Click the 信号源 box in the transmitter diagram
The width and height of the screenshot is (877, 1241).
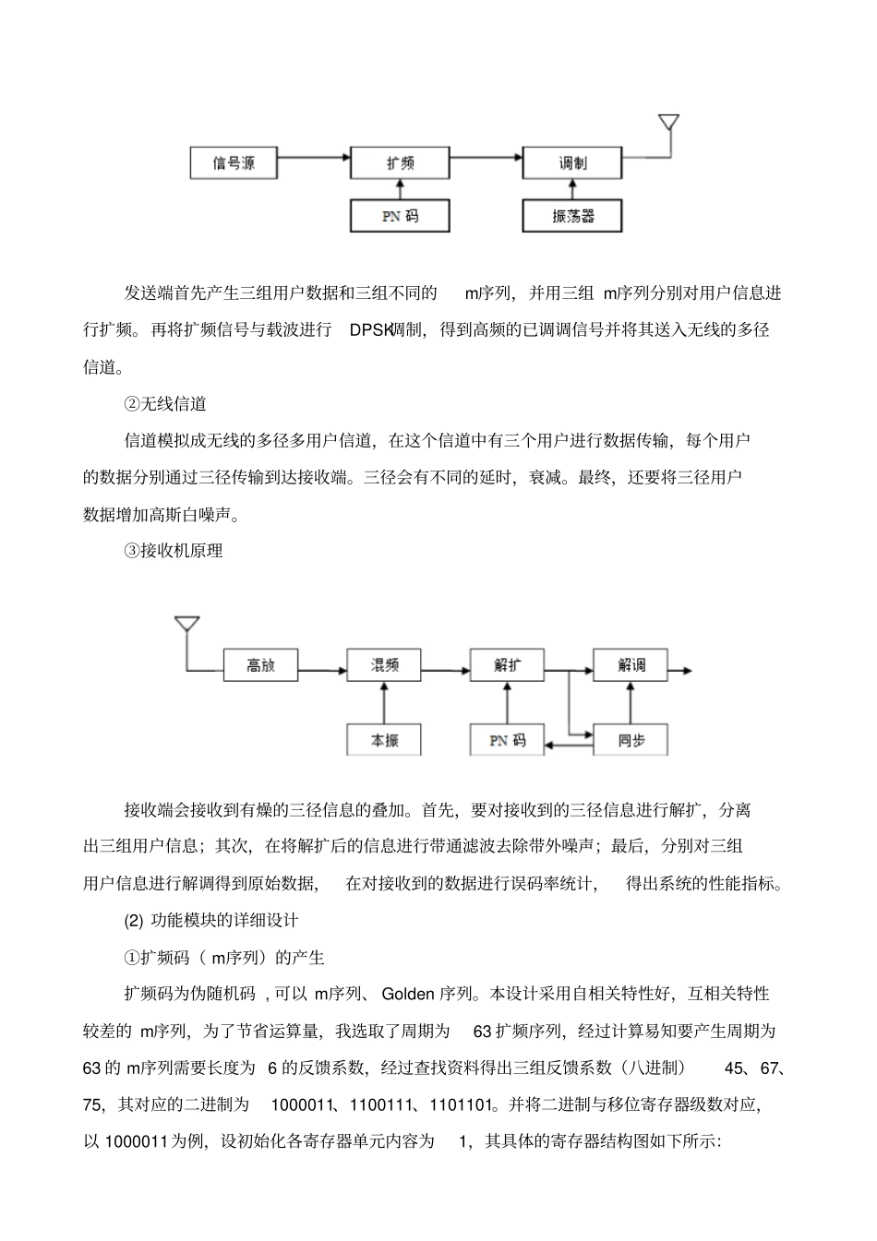(x=234, y=163)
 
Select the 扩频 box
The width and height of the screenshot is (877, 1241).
(x=400, y=163)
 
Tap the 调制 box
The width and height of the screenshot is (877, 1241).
(x=572, y=163)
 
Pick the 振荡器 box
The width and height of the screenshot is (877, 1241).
(x=572, y=216)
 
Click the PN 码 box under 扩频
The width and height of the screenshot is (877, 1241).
(x=400, y=216)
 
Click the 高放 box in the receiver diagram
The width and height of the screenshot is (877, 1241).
(x=261, y=664)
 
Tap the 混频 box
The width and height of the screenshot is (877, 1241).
(x=384, y=664)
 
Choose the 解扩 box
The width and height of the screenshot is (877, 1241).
(x=507, y=664)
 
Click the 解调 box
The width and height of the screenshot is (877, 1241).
(x=631, y=664)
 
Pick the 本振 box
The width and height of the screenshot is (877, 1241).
(x=384, y=740)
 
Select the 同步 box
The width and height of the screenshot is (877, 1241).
(x=631, y=740)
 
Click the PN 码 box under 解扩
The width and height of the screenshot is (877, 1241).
(x=507, y=740)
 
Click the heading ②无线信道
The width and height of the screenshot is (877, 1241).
(x=165, y=404)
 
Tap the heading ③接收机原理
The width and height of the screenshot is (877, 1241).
(x=174, y=551)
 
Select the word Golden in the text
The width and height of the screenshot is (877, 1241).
(x=408, y=994)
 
